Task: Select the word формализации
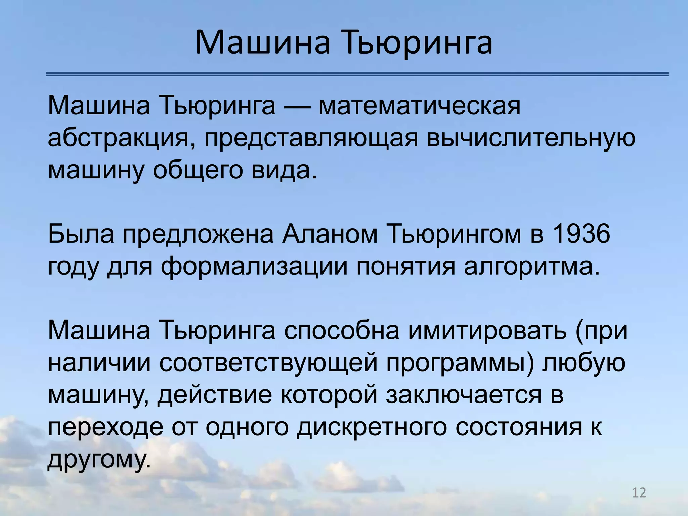point(254,267)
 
